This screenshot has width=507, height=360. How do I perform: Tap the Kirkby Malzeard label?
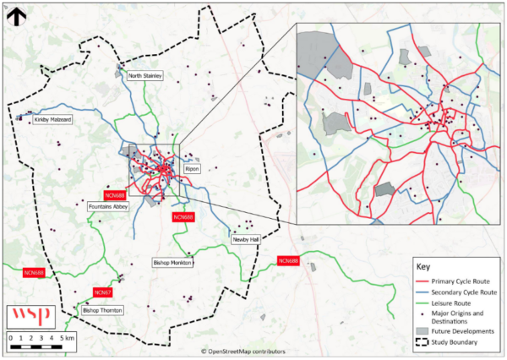(x=52, y=120)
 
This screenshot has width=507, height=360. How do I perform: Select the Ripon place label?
(x=192, y=169)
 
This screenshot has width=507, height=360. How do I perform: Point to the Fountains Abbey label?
(x=107, y=205)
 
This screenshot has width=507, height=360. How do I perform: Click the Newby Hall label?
(x=245, y=240)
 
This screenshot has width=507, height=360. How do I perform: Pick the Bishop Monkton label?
(x=173, y=263)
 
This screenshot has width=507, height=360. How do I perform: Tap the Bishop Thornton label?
(x=101, y=310)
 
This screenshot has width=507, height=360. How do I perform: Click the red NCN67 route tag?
(x=103, y=292)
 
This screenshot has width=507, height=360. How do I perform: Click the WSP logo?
(x=30, y=316)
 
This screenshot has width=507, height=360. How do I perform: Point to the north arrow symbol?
(x=14, y=15)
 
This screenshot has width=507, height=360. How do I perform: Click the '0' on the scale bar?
(x=11, y=337)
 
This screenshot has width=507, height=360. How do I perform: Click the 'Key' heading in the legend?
(x=424, y=265)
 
